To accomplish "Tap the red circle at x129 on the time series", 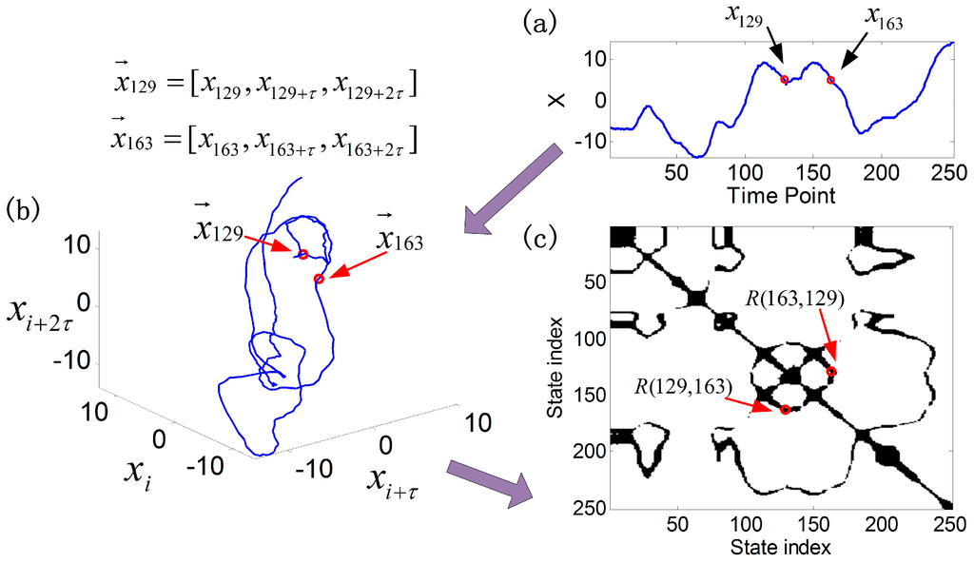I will pyautogui.click(x=785, y=80).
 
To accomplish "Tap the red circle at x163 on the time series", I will pyautogui.click(x=830, y=80).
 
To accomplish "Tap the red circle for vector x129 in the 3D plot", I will pyautogui.click(x=302, y=254).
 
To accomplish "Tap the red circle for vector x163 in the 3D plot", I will pyautogui.click(x=319, y=279).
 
